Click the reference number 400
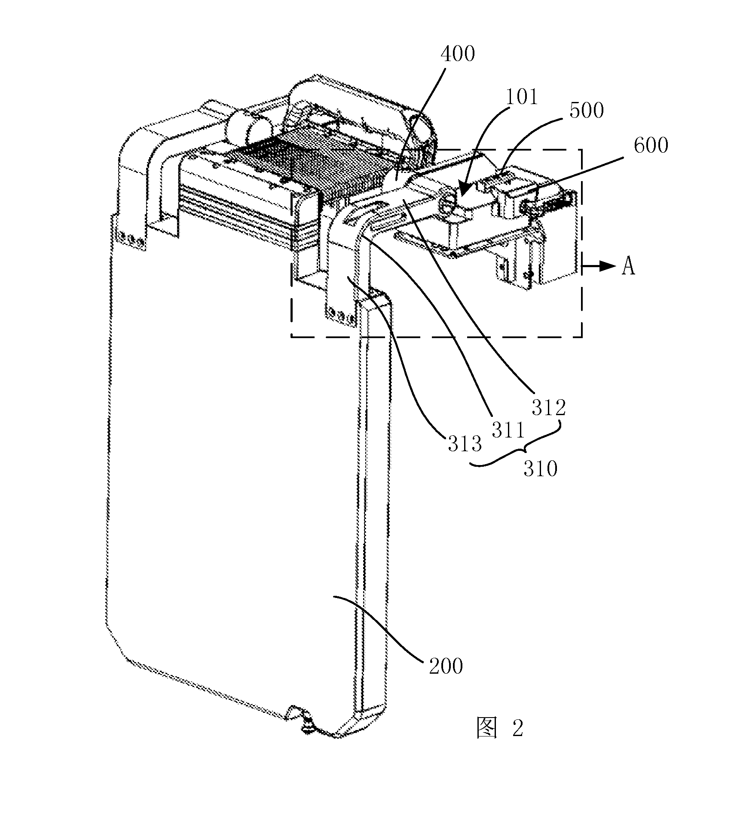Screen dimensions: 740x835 point(458,55)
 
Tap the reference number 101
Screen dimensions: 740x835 point(521,97)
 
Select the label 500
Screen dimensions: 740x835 point(587,111)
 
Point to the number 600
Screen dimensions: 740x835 point(651,145)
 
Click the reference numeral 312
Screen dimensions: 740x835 point(549,407)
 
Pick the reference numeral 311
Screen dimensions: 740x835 point(508,430)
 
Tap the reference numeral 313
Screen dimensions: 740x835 point(465,444)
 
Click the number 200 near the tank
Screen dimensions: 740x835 point(446,666)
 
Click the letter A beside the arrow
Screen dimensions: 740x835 point(628,267)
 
